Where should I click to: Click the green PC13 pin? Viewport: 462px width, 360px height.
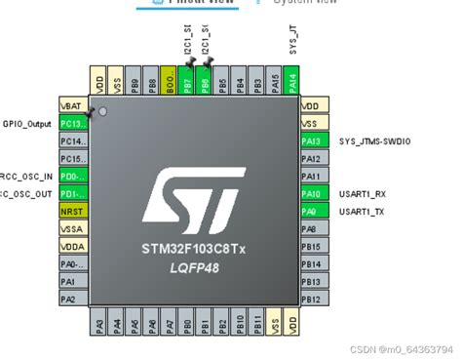[x=73, y=124]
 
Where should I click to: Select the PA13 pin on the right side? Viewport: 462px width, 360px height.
[x=313, y=141]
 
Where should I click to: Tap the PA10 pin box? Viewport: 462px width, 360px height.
[x=313, y=194]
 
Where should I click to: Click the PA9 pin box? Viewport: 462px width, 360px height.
[x=313, y=212]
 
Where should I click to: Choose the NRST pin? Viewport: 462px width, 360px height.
[x=73, y=212]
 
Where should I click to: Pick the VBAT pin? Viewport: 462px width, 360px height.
[x=73, y=105]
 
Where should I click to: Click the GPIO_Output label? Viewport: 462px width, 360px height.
[x=28, y=124]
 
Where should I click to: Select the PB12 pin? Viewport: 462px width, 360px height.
[x=313, y=300]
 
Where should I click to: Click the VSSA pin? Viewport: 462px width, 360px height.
[x=73, y=229]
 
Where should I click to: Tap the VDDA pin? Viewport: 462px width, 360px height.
[x=73, y=247]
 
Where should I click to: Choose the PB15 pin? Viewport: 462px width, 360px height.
[x=313, y=247]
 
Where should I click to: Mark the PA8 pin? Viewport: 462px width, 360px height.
[x=313, y=229]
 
